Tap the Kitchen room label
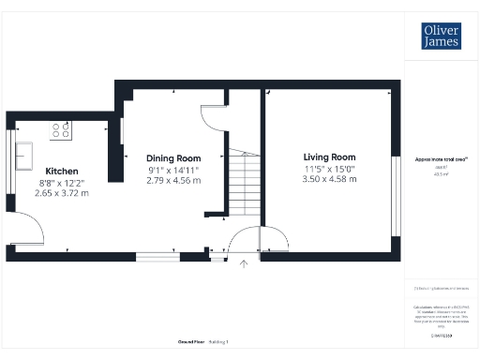point(62,171)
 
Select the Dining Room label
point(173,157)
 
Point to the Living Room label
point(329,157)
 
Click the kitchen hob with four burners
point(62,132)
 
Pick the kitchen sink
point(23,154)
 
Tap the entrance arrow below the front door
point(244,265)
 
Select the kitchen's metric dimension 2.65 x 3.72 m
point(62,193)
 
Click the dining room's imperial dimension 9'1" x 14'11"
point(173,169)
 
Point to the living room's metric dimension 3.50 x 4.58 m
point(329,179)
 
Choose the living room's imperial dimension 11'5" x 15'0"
point(329,168)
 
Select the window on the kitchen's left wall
point(10,153)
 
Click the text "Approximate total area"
point(441,159)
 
